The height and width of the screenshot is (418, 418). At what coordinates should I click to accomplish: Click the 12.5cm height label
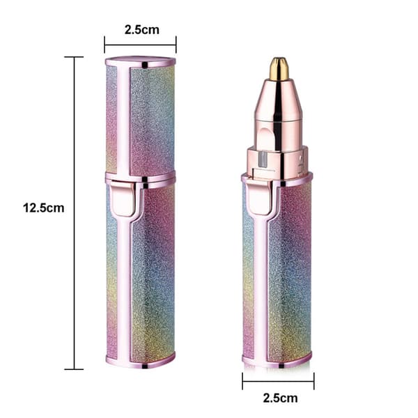44,208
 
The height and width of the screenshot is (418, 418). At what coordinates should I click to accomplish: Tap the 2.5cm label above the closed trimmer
142,29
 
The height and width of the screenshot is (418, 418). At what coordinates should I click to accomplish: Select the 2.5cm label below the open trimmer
280,398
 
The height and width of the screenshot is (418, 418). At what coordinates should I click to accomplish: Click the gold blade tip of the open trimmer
279,68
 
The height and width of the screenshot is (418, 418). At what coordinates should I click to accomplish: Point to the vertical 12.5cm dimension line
75,213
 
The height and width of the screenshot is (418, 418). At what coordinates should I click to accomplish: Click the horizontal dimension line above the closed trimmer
140,45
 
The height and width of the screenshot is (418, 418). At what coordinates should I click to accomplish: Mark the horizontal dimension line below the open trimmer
278,381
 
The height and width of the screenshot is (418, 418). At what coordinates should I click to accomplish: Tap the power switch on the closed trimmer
123,198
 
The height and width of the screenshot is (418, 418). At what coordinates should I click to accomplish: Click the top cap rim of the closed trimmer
141,62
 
